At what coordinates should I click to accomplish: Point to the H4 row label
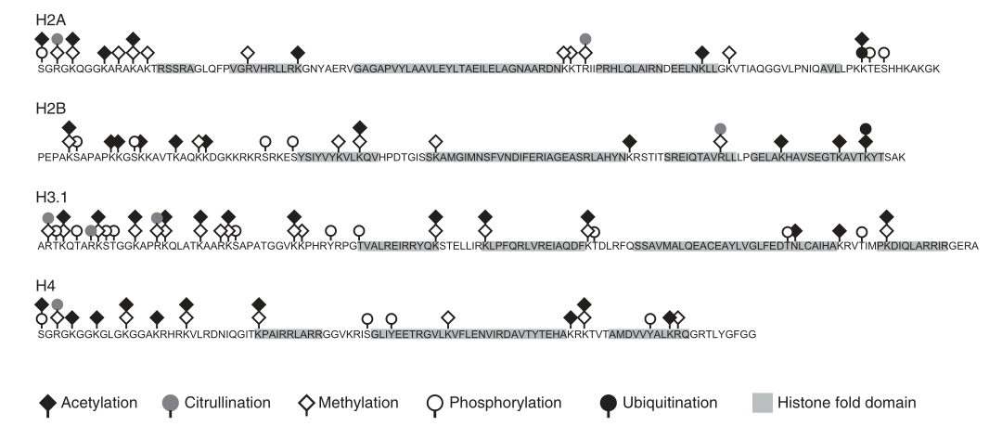[x=43, y=286]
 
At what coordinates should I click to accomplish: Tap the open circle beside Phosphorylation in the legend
[x=434, y=402]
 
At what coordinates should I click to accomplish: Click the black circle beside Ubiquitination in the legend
[x=609, y=402]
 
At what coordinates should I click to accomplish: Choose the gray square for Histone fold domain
[x=760, y=402]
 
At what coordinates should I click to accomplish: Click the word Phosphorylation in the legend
[x=506, y=402]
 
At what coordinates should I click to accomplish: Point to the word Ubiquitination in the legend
[x=673, y=402]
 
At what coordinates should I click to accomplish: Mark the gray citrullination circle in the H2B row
[x=720, y=128]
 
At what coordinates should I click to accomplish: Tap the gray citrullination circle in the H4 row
[x=58, y=304]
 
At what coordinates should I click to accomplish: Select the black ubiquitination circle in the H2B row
[x=866, y=128]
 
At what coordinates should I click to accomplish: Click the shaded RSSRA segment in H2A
[x=175, y=69]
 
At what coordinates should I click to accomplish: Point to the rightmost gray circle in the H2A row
[x=585, y=38]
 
